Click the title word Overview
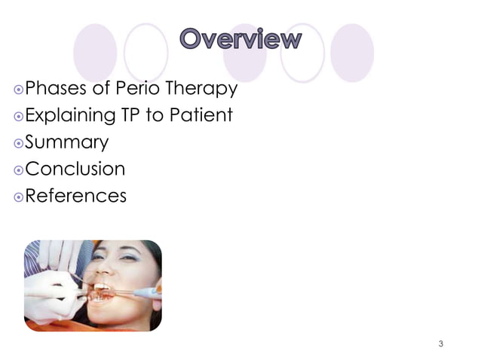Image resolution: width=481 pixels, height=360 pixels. (240, 39)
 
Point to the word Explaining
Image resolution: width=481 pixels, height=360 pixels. (69, 116)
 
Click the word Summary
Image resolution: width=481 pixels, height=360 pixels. (67, 143)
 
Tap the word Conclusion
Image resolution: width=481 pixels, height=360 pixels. (75, 169)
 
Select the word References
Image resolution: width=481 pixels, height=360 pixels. (76, 196)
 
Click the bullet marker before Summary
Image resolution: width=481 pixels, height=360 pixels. (19, 143)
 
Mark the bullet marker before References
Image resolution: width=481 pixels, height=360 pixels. (19, 197)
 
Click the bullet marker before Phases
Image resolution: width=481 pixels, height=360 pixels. (19, 90)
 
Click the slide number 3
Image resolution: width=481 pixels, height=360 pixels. (441, 343)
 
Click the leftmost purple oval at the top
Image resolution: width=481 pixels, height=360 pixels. (95, 53)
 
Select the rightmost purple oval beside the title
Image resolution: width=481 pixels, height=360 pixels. (352, 53)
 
